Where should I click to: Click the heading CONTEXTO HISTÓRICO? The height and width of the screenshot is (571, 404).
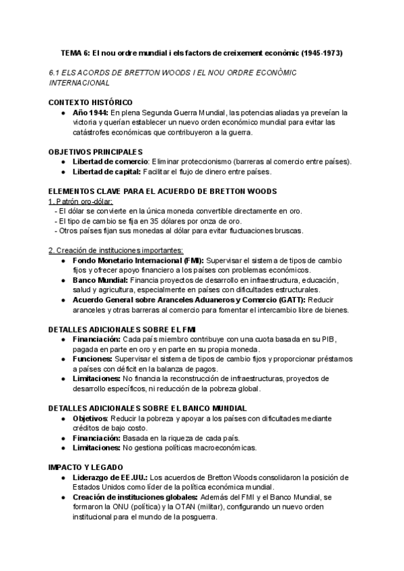click(90, 102)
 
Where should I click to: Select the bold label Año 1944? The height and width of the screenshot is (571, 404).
click(91, 112)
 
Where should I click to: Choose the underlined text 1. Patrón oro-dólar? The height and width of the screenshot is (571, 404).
click(81, 201)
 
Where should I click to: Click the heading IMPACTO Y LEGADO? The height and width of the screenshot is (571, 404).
click(86, 467)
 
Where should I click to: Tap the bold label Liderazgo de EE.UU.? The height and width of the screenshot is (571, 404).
click(110, 477)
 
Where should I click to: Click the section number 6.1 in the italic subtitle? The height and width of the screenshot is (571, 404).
click(56, 72)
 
